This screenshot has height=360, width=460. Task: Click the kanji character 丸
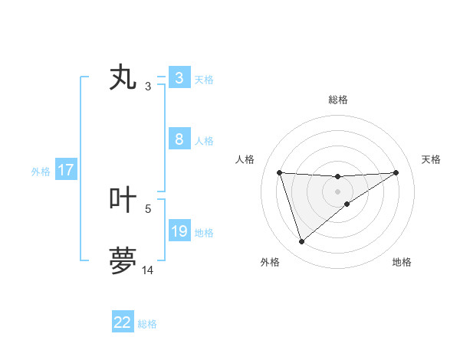coord(123,78)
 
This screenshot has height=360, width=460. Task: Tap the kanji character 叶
coord(123,200)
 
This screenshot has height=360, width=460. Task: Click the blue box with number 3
coord(179,78)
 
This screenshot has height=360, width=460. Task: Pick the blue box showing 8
coord(179,140)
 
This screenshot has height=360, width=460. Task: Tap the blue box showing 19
coord(179,231)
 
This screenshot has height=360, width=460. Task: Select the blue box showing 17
coord(66,171)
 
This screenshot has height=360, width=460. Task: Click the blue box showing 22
coord(123,322)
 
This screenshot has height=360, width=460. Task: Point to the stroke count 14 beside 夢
coord(148,270)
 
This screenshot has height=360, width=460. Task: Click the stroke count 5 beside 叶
coord(148,208)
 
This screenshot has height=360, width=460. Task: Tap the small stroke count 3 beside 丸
coord(148,87)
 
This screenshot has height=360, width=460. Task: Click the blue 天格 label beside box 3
coord(204,79)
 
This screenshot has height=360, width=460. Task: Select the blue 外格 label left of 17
coord(41,172)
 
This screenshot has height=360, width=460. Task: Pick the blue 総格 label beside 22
coord(147,324)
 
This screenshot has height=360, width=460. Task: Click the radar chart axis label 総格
coord(337,100)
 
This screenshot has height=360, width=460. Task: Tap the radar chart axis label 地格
coord(402,263)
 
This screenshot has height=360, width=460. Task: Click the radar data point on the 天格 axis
coord(396,172)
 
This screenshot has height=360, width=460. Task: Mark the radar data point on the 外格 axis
coord(301,242)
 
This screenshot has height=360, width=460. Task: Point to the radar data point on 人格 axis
coord(279,172)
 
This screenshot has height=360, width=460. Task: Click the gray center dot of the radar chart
coord(337,191)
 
